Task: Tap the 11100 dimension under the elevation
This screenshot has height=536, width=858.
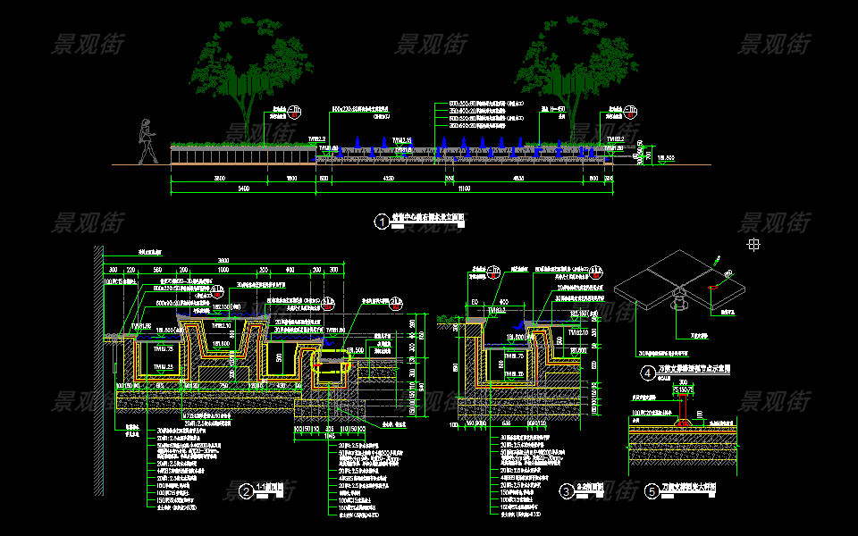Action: click(464, 189)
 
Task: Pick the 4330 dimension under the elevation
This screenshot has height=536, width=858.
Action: click(388, 179)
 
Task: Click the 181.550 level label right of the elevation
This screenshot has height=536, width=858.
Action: click(666, 158)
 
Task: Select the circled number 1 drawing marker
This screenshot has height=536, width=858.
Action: click(383, 222)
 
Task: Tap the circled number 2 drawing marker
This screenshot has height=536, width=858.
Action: click(245, 491)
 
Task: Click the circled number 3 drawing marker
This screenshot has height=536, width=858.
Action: click(567, 490)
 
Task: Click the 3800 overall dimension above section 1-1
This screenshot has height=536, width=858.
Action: click(223, 260)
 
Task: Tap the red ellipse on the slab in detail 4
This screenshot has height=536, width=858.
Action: click(711, 287)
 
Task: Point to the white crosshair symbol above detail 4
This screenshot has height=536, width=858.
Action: click(753, 243)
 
